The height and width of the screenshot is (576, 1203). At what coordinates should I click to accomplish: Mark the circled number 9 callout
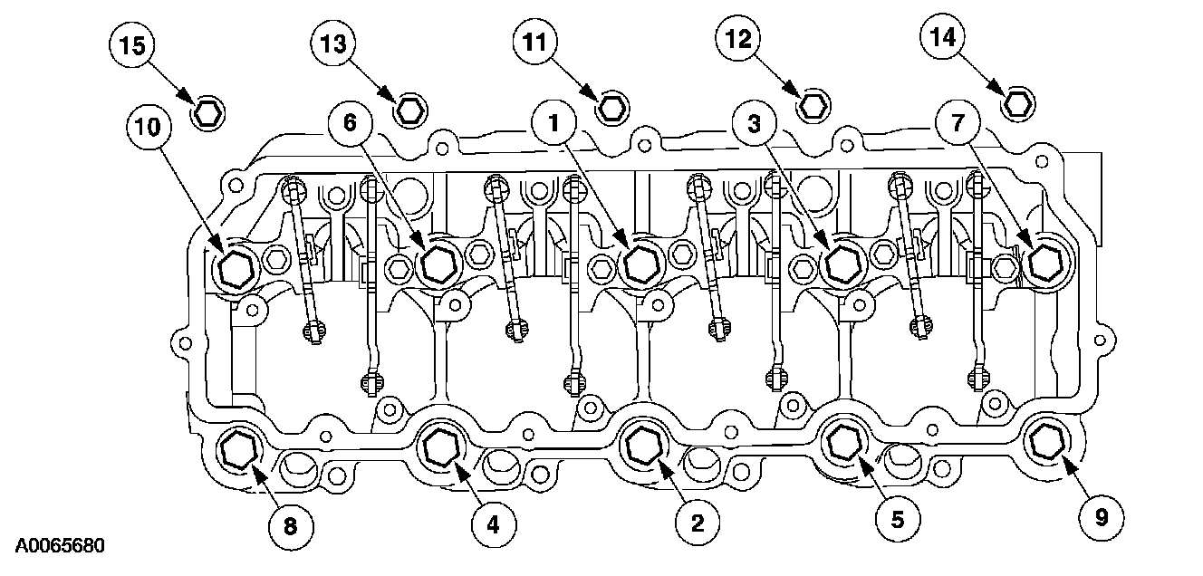coord(1102,516)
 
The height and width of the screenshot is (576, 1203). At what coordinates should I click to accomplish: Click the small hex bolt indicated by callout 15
coord(209,112)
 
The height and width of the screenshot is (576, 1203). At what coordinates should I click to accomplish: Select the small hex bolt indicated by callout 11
coord(613,106)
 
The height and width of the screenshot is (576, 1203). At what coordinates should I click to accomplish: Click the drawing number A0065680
coord(53,547)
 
